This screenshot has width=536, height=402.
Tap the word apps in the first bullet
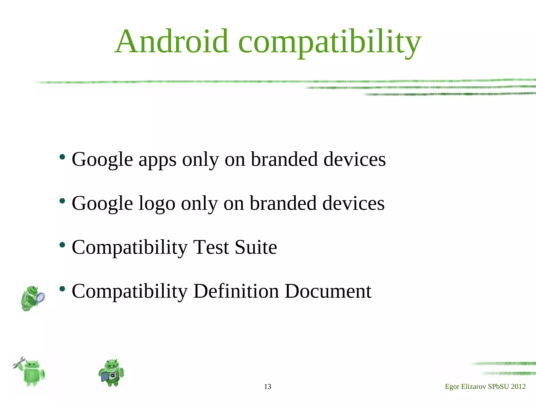[157, 160]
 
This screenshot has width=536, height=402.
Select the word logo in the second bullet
[157, 204]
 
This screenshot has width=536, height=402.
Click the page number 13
[267, 387]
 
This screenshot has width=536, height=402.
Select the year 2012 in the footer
[518, 387]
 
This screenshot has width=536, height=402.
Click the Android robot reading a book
[111, 373]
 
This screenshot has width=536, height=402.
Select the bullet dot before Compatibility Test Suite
[62, 245]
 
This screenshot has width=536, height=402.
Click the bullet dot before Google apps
[62, 157]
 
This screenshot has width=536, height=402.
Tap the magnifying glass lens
[40, 297]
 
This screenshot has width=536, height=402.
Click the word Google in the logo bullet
[102, 204]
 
